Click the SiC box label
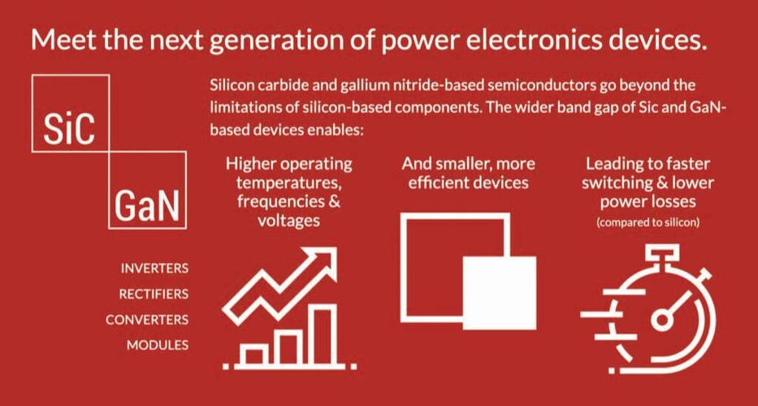(x=70, y=126)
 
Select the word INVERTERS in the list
(x=154, y=268)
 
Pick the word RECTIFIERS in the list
(x=154, y=293)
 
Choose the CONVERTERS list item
(x=147, y=319)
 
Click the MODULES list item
(x=158, y=345)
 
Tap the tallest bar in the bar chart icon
(x=322, y=333)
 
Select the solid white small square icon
(x=499, y=292)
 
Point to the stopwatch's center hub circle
(x=663, y=319)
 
